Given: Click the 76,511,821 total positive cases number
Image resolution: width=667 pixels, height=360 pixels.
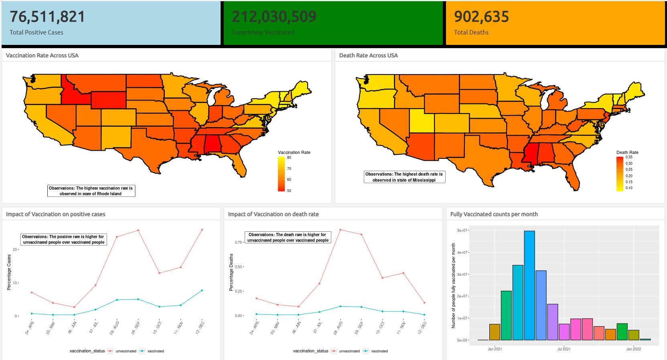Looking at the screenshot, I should point(47,17).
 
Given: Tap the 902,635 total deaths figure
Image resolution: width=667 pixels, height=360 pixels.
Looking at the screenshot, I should point(481,17).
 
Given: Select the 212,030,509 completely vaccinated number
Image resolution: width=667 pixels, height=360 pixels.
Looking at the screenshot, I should point(274,17).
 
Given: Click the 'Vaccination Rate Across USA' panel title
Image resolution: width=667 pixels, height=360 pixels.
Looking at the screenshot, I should point(42,55).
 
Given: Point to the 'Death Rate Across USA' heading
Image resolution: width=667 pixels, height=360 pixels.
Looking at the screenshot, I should point(368,55).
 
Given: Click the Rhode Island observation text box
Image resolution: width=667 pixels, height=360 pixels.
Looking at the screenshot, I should point(91,191).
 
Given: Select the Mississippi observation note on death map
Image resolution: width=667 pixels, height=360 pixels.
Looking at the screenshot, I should point(404,177).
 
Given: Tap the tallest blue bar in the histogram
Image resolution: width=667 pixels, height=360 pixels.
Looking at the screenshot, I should point(529,285).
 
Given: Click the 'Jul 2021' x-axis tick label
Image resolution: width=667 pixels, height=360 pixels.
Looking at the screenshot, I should point(564,349).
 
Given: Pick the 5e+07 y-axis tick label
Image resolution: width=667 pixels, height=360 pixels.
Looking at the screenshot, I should point(462,231).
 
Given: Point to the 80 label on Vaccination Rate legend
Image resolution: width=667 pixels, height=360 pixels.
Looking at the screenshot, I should point(289,158).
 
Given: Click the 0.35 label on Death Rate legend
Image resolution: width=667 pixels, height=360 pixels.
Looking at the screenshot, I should point(629,157).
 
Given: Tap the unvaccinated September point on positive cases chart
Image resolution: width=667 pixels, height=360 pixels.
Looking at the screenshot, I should point(138,231).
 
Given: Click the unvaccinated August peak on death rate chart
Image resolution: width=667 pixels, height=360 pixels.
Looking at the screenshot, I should point(340,230).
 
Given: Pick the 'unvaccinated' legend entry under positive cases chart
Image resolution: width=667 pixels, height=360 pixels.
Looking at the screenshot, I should point(126,351).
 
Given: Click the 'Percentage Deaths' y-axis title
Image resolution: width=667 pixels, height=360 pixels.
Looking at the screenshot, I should point(231,272).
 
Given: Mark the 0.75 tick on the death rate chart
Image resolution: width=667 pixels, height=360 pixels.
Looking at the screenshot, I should point(238,243).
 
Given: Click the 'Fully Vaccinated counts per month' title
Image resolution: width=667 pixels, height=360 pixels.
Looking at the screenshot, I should point(494,214).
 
